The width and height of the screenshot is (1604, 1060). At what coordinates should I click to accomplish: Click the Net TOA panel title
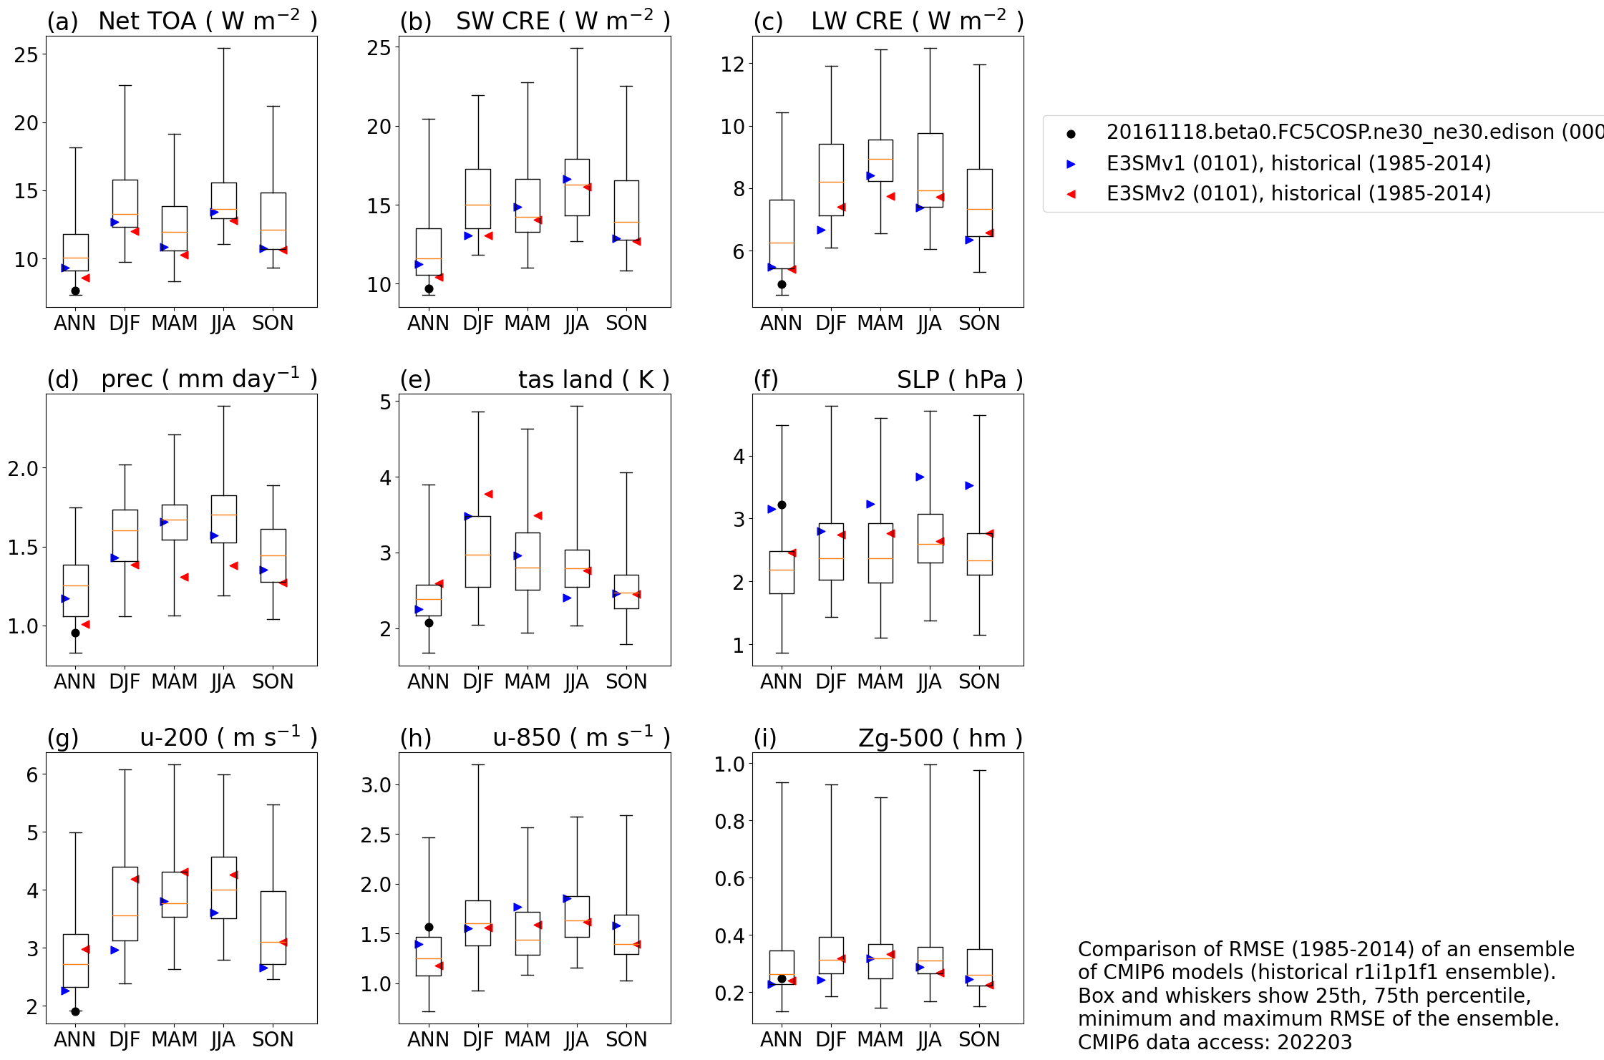pos(208,21)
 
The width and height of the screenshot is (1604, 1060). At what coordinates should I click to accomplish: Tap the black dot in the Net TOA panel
pos(75,291)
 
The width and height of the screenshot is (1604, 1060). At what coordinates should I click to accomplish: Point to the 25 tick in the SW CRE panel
pos(379,48)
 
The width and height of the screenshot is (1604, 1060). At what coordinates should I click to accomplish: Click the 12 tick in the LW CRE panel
pos(732,64)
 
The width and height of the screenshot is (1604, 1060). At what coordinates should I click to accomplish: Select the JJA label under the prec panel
pos(223,681)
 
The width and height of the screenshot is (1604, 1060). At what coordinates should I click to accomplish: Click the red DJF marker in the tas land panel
pos(488,494)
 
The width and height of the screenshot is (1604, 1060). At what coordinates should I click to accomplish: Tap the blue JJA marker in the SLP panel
pos(920,477)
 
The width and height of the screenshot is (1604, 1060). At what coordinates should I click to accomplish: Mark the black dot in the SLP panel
pos(782,505)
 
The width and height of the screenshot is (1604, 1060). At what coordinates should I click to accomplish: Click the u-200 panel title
pos(228,737)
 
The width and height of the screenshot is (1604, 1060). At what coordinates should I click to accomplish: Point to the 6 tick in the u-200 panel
pos(32,774)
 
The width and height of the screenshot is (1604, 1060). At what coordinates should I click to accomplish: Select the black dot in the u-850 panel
pos(429,927)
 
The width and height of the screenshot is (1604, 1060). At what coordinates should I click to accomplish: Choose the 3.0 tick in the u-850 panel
pos(376,785)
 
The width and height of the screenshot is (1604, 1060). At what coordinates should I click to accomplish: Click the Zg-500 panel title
pos(940,737)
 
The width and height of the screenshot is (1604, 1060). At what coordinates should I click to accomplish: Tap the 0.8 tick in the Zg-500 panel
pos(729,821)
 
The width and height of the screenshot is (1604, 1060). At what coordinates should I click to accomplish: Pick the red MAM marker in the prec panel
pos(184,577)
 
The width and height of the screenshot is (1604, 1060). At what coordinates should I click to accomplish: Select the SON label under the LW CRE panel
pos(978,324)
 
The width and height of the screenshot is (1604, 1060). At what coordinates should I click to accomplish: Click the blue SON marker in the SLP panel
pos(969,485)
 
